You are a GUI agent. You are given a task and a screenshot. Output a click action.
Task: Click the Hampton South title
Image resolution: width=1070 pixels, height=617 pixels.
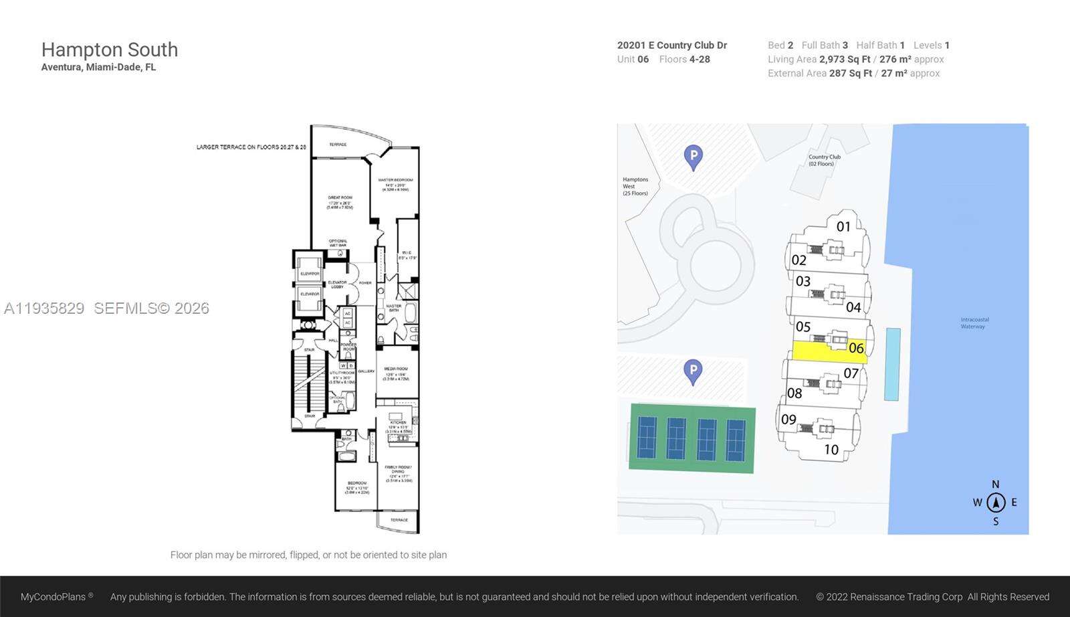coord(110,50)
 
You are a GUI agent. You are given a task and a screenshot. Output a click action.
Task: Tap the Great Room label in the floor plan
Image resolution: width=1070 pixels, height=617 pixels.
coord(340,202)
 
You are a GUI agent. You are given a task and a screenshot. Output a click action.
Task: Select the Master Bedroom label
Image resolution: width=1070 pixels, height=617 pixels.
coord(395,184)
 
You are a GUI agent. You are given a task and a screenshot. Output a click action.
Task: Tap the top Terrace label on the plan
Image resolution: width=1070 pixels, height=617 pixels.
coord(338,145)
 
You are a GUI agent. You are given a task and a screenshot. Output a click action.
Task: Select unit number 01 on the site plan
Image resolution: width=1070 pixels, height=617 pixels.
coord(843,227)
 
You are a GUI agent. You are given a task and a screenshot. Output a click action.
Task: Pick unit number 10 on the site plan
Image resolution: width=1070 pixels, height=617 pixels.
coord(831,450)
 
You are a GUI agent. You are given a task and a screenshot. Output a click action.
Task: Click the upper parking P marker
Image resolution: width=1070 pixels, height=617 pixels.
coord(693,157)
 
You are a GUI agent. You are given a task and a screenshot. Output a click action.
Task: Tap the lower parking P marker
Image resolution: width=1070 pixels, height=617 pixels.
coord(693,371)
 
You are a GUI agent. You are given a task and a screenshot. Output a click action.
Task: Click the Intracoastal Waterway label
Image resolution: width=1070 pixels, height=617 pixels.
coord(974,323)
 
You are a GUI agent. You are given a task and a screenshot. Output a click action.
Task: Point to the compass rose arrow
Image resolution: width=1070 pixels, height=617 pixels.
coord(996,502)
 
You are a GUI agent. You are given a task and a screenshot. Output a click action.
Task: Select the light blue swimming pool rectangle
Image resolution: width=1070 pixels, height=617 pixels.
coord(892,364)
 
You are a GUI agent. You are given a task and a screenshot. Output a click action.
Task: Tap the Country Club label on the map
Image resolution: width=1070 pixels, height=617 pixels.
coord(824,160)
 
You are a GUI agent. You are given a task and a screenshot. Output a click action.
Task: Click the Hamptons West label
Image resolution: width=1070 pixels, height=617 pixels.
coord(635,186)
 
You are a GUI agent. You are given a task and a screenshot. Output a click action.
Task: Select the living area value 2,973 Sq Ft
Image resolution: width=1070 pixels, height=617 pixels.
coord(845,59)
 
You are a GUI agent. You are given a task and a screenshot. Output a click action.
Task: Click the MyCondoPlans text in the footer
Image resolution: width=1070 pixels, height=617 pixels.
coord(53,597)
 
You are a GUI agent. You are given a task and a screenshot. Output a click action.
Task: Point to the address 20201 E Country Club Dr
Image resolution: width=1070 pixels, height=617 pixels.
coord(671,45)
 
